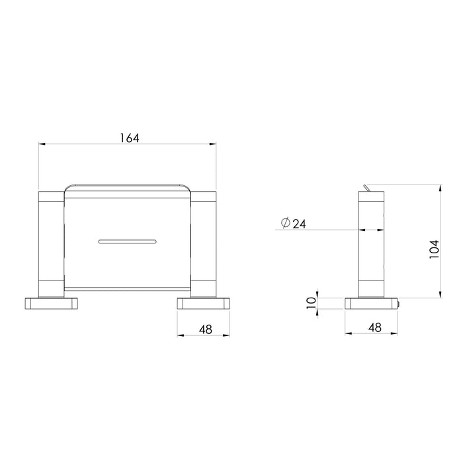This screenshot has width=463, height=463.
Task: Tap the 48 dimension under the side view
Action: point(374,327)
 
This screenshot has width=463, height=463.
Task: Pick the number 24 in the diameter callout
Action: point(298,224)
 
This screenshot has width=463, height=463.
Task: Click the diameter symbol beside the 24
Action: point(285,224)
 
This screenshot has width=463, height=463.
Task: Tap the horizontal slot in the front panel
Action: point(127,241)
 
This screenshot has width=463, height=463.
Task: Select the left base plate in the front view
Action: point(52,304)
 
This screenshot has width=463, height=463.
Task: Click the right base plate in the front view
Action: point(203,304)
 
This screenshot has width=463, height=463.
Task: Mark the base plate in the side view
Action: point(373,304)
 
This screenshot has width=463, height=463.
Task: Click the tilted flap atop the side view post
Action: point(365,189)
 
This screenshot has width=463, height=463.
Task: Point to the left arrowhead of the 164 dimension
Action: point(42,144)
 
